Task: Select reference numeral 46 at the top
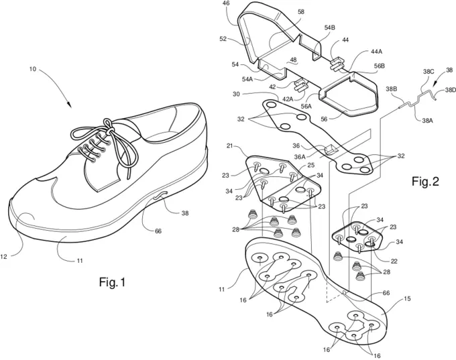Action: coord(227,5)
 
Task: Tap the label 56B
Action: coord(379,66)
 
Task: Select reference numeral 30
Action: coord(237,94)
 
